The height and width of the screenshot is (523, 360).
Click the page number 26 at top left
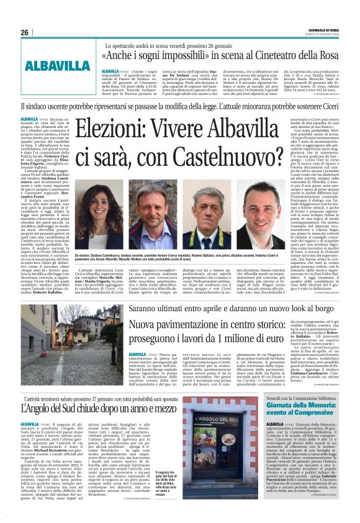[24, 32]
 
